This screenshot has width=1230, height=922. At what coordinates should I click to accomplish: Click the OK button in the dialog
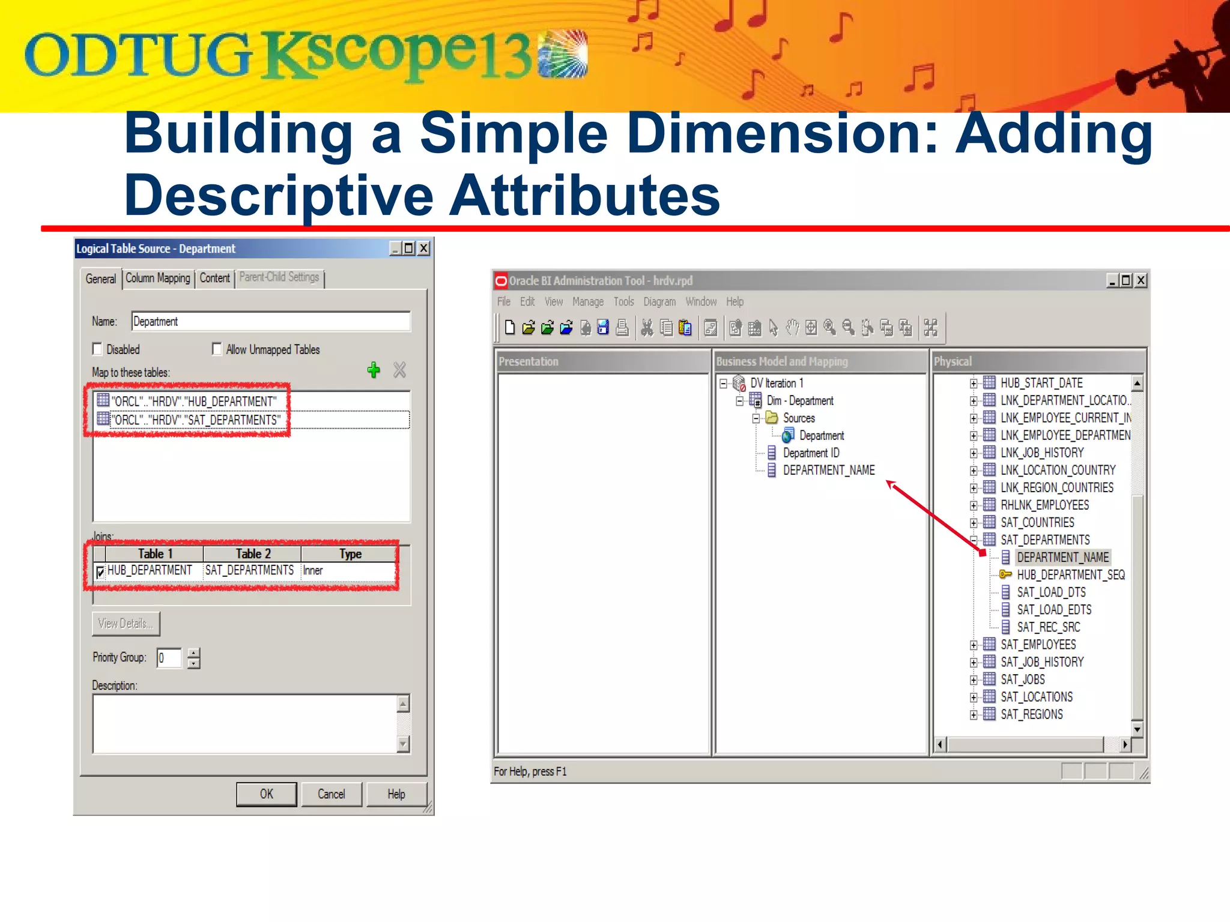click(x=266, y=794)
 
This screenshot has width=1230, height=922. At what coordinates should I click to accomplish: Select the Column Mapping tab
click(x=158, y=279)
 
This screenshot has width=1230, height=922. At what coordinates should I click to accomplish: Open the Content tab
click(x=214, y=279)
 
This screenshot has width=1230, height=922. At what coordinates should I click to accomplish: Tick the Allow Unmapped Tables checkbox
click(x=217, y=349)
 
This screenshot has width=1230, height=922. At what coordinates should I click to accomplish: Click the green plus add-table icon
click(x=374, y=370)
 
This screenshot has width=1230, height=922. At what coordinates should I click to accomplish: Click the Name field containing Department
click(x=270, y=322)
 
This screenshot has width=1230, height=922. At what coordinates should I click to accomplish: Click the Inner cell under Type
click(x=313, y=570)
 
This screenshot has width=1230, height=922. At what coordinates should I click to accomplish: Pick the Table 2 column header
click(x=253, y=553)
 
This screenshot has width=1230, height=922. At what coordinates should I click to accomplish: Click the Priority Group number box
click(x=169, y=658)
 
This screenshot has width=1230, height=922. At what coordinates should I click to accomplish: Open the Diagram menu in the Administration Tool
click(x=659, y=301)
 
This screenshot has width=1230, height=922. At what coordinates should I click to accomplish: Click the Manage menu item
click(x=588, y=301)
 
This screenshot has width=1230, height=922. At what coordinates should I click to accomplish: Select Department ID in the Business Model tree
click(x=811, y=453)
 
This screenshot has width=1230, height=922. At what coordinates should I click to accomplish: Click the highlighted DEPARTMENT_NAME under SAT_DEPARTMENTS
click(x=1062, y=557)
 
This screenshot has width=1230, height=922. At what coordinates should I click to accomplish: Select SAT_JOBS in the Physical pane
click(x=1022, y=679)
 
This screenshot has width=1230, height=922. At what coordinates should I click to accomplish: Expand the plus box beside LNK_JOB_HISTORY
click(x=974, y=453)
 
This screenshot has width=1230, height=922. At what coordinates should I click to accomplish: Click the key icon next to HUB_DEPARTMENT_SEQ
click(x=1005, y=574)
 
